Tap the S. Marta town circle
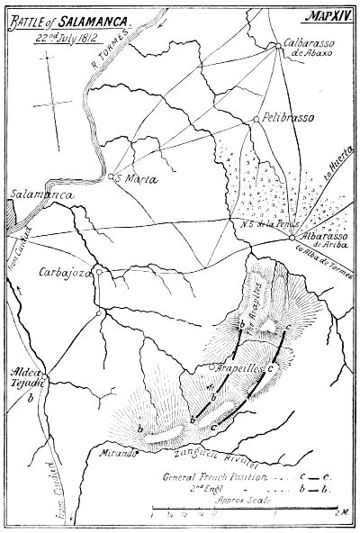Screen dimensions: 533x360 tap(111, 177)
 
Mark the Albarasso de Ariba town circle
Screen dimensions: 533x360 tap(293, 238)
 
